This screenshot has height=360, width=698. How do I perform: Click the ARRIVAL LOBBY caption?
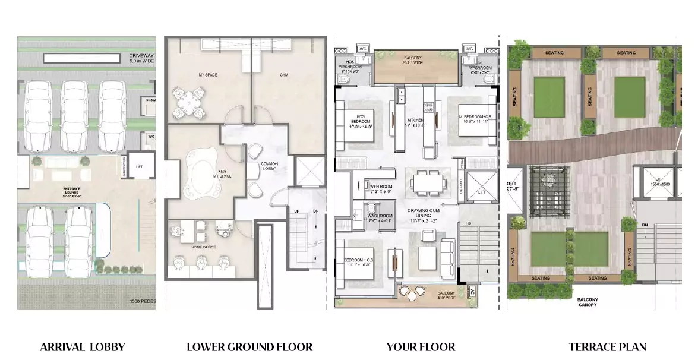click(83, 347)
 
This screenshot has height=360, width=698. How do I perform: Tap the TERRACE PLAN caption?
click(607, 347)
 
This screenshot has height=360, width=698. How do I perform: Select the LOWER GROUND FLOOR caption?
click(249, 347)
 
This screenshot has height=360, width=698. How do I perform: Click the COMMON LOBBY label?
click(270, 166)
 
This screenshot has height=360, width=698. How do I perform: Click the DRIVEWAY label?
click(141, 58)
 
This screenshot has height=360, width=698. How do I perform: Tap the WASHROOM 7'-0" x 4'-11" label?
click(380, 218)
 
